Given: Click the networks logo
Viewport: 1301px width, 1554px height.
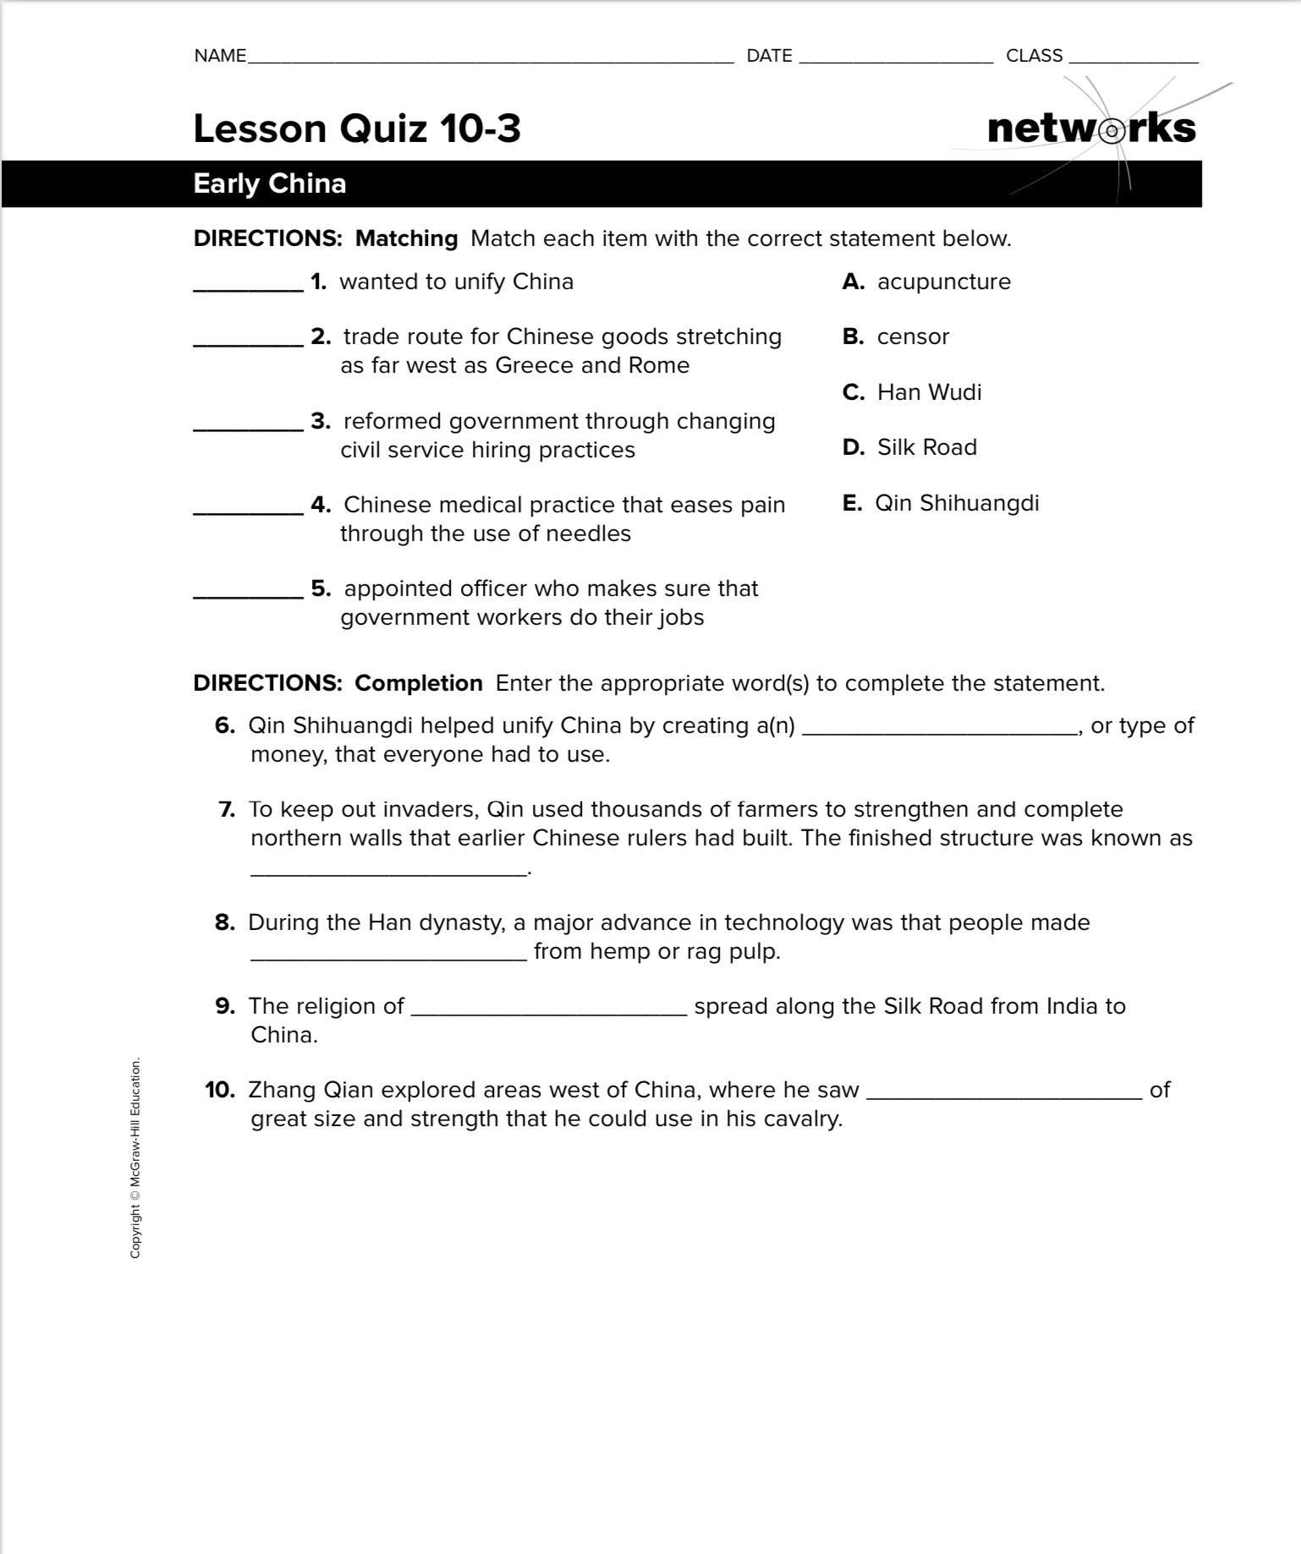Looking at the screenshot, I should (x=1091, y=129).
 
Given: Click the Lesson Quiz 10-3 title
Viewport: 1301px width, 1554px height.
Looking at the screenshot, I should (x=357, y=129).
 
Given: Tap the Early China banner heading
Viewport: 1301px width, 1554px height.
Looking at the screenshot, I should (x=270, y=183).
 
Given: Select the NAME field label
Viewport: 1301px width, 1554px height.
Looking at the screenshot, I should (x=220, y=56).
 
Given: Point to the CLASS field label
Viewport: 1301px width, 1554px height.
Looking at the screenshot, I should (x=1034, y=56).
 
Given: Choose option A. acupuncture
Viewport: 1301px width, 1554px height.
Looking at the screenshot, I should (x=927, y=282).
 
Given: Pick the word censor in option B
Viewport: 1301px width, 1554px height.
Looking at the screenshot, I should (x=913, y=337).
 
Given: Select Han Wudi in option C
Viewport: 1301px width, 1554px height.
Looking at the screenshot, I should (x=929, y=392).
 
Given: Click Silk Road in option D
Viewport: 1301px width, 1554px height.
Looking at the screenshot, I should (x=926, y=447).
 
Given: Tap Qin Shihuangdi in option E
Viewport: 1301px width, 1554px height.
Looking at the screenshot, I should (x=957, y=503).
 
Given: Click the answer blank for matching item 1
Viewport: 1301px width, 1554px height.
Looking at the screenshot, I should (x=248, y=287).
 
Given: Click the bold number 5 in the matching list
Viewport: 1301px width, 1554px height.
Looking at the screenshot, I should (x=321, y=588).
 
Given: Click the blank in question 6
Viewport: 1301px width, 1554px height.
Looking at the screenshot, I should (x=939, y=732).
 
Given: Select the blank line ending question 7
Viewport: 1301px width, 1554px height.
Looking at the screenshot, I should (x=388, y=873).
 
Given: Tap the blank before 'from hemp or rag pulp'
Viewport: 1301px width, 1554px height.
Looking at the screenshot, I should (x=388, y=957).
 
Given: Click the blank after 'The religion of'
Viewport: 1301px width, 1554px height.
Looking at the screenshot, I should (x=548, y=1012).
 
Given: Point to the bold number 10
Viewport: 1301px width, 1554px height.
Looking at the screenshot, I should (x=220, y=1090).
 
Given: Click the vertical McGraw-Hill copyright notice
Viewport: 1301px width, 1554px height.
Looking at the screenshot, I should (x=135, y=1157).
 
